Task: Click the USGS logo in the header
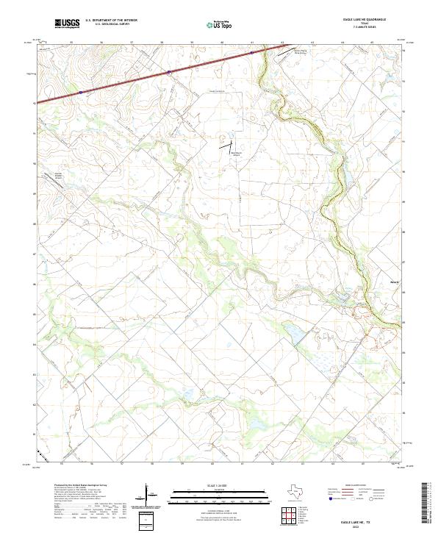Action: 67,24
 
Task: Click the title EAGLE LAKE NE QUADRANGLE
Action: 365,19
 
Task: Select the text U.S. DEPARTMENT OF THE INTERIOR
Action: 111,21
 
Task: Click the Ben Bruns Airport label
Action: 237,154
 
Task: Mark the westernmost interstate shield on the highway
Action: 80,92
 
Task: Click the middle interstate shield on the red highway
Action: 168,71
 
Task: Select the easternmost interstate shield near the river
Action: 252,52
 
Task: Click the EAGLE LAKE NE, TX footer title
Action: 365,518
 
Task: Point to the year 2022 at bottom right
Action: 365,525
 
